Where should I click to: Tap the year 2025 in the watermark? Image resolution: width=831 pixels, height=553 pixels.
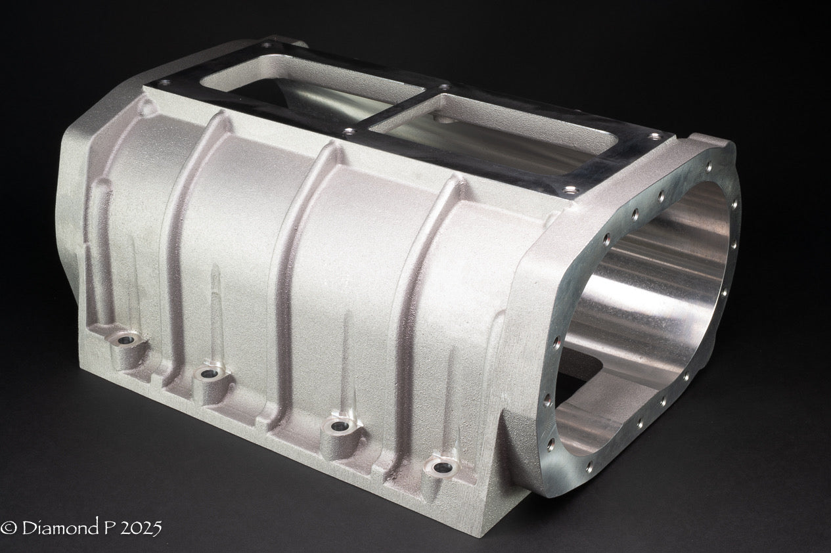point(141,527)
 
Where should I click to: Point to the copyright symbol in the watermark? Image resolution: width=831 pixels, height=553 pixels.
point(9,527)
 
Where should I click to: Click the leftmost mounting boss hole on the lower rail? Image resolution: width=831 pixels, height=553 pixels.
point(125,340)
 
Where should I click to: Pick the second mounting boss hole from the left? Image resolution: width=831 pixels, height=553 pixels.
point(209,374)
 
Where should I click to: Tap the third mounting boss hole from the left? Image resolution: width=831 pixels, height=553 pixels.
point(338,426)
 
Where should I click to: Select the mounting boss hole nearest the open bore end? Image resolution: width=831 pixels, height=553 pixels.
point(443,467)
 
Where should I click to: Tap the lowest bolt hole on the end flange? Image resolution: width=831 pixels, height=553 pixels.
point(589,466)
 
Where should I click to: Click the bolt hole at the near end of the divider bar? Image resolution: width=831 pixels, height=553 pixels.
point(349,132)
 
